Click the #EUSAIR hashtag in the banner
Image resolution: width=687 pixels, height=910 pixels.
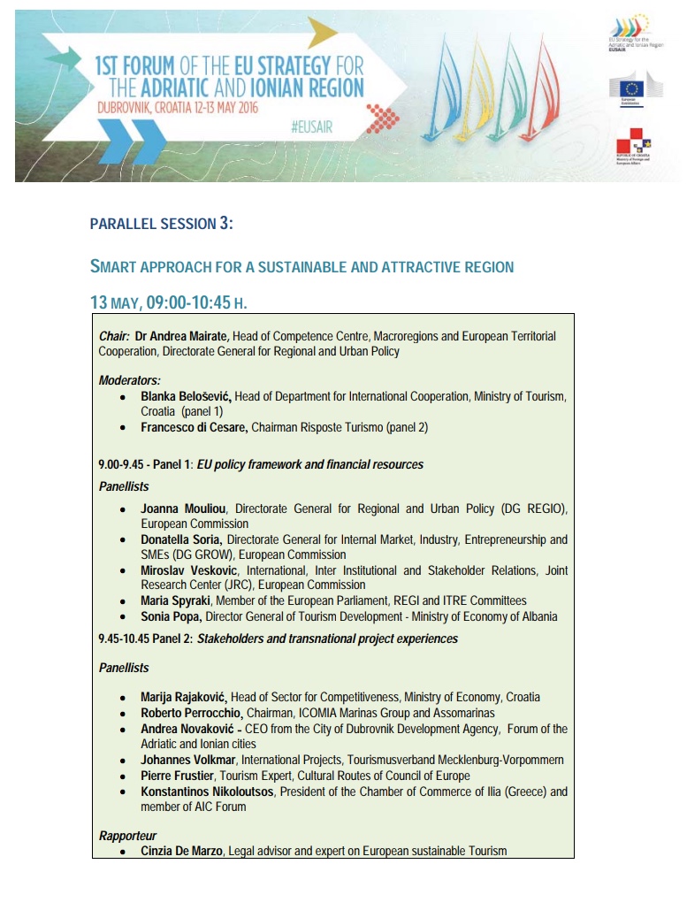tap(311, 127)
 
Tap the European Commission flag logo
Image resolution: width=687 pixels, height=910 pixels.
tap(631, 88)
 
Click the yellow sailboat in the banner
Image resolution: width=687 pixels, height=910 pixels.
tap(477, 93)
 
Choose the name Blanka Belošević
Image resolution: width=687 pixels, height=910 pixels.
tap(186, 396)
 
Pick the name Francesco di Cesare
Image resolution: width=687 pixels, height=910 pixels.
tap(195, 427)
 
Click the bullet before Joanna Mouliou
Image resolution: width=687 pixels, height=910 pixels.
tap(122, 509)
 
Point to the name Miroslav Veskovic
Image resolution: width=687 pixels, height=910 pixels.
tap(189, 570)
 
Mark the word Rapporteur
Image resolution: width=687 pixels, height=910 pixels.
tap(127, 835)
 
